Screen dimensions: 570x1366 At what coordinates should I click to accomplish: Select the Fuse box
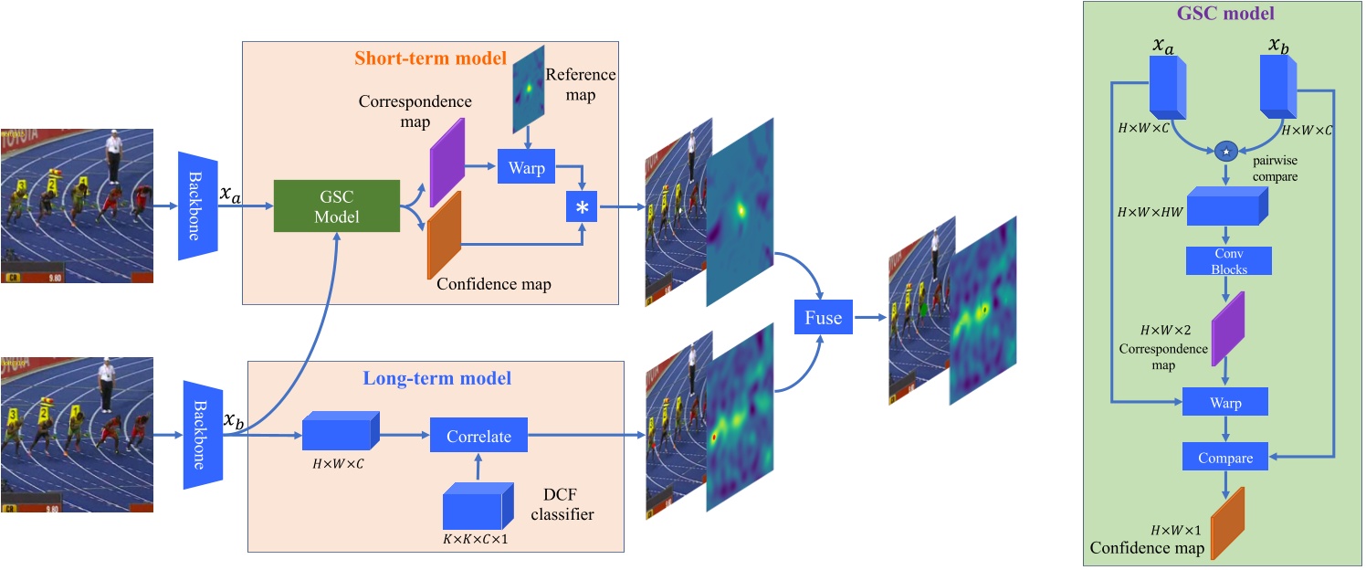(x=823, y=319)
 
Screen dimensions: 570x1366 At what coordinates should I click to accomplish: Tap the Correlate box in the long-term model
(x=478, y=437)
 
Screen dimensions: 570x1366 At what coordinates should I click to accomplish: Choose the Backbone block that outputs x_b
(x=203, y=435)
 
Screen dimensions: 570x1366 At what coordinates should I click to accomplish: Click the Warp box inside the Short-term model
(x=526, y=167)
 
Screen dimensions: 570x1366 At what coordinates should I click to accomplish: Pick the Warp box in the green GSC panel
(x=1224, y=403)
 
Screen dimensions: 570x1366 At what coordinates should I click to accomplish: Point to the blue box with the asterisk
(x=582, y=208)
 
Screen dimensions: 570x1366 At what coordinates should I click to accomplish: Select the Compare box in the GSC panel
(x=1224, y=456)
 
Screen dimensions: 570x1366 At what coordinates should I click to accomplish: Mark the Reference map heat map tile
(x=527, y=90)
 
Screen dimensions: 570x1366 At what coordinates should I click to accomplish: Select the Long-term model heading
(x=437, y=377)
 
